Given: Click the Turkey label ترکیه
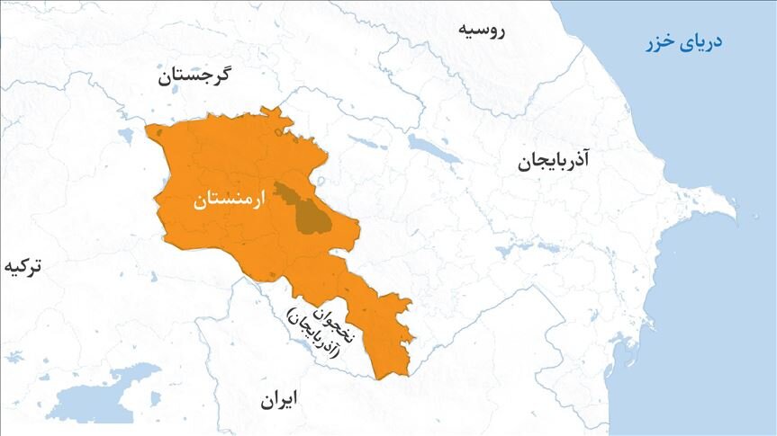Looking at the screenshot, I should (x=23, y=267).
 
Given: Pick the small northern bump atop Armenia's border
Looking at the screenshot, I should (x=268, y=111).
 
